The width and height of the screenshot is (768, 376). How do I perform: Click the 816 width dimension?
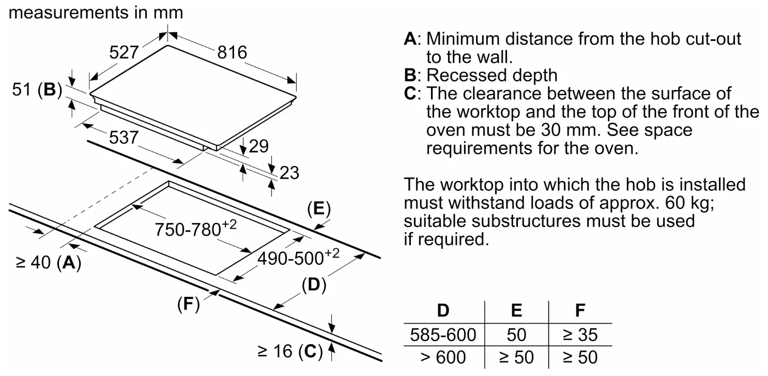pos(232,52)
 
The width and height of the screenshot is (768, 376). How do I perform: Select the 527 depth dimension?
pos(124,52)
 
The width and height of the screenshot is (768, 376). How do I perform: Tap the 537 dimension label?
pos(123,137)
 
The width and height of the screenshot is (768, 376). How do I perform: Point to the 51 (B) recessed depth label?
pos(37,91)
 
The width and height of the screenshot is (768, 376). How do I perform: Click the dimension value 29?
pos(259,146)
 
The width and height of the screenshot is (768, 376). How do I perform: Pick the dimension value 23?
pos(289,172)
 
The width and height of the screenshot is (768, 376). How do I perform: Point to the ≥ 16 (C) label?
pos(289,352)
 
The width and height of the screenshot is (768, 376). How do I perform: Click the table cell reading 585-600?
pos(443,335)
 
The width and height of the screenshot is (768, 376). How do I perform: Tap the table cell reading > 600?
pos(443,357)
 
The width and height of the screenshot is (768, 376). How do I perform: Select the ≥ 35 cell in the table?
pos(580,335)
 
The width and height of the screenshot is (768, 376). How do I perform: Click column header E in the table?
pos(516,311)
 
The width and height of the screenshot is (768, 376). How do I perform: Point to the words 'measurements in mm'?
pos(96,12)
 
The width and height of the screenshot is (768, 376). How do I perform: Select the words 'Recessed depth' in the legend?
pos(491,75)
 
